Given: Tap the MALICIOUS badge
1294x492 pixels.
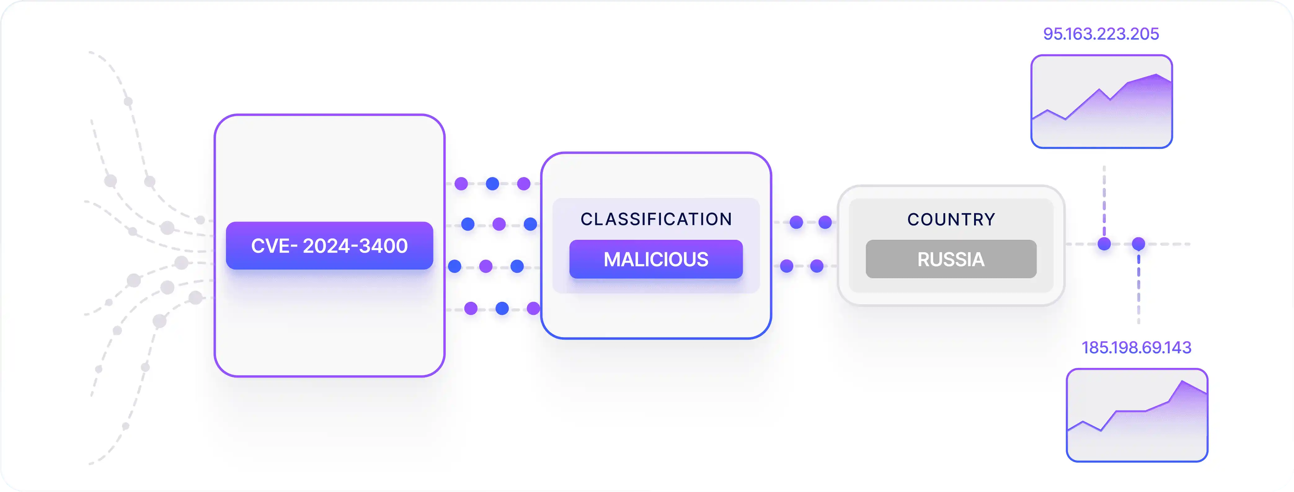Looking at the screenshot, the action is (x=656, y=259).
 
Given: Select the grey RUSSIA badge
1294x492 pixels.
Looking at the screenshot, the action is (x=951, y=259).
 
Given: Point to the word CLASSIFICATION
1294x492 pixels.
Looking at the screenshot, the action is (x=656, y=219).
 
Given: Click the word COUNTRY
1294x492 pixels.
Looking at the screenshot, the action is (x=951, y=220).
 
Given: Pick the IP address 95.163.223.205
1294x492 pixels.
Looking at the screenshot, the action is (x=1101, y=34).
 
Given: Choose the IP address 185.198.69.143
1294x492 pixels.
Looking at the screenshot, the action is (x=1136, y=347).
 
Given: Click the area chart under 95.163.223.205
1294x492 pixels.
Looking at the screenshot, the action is (x=1101, y=101).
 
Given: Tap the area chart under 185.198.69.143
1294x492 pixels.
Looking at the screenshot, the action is (x=1137, y=415).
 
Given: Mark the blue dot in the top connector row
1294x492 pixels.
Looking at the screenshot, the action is (x=492, y=183).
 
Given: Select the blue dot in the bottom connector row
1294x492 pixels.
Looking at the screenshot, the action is (x=502, y=308).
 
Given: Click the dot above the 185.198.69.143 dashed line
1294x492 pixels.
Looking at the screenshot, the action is (x=1138, y=244).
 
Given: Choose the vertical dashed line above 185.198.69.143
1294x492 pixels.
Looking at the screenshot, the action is (x=1138, y=289).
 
